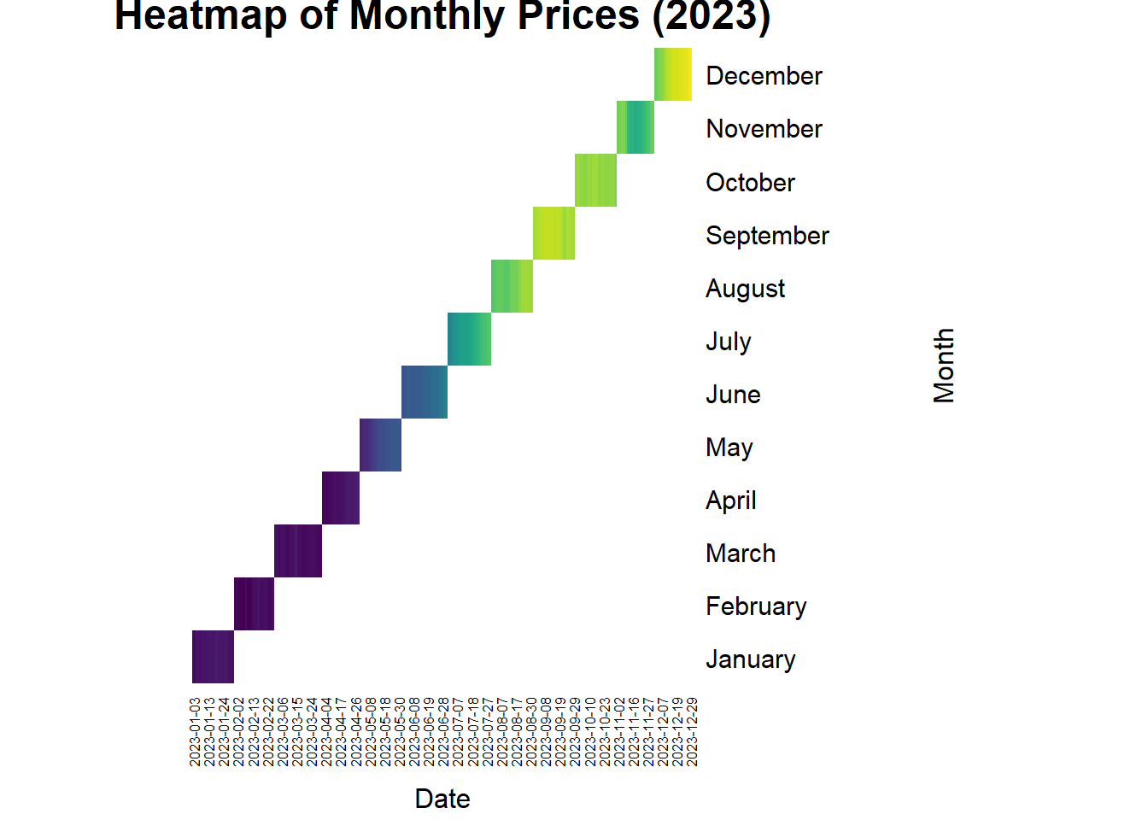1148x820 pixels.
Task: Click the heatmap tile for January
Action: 213,657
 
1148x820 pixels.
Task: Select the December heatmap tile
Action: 673,74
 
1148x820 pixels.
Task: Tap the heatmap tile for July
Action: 469,339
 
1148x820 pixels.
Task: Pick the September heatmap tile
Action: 553,233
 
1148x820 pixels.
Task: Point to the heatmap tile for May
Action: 380,445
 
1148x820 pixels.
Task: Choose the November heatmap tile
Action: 635,127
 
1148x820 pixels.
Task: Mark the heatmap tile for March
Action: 298,551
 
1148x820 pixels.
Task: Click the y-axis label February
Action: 756,606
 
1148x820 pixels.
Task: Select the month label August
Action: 745,289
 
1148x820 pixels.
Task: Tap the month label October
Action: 750,183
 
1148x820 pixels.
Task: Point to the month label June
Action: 733,395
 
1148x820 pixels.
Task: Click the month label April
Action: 730,501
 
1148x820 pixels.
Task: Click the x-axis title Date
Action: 442,799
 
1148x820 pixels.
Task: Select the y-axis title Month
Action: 944,366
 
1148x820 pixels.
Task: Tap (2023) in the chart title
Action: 712,17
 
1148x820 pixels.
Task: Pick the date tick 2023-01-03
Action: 196,732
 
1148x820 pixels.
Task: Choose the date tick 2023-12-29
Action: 692,732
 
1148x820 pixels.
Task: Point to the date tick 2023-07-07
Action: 459,732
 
